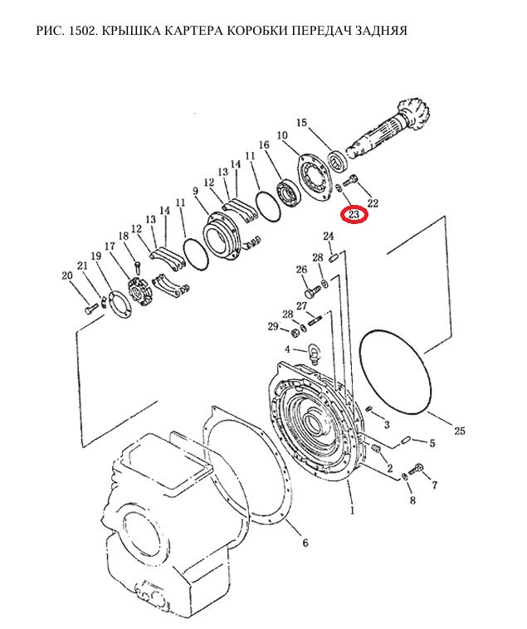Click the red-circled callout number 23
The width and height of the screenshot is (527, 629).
click(354, 215)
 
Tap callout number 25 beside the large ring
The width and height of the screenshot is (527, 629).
click(460, 431)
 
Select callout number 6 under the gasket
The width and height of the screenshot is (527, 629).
click(305, 543)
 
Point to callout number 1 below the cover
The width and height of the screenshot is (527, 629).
click(353, 510)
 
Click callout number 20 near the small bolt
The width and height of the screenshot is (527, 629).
click(67, 275)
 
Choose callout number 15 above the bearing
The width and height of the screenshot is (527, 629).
click(301, 122)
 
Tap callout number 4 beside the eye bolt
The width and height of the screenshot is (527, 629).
click(287, 349)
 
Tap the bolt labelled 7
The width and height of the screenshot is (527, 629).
click(417, 469)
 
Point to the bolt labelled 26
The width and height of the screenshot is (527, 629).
click(312, 290)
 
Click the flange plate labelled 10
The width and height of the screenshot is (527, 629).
click(315, 178)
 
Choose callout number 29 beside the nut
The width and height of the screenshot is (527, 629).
click(273, 327)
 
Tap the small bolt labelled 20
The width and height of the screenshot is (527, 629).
click(92, 308)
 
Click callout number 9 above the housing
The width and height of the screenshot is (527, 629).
click(195, 191)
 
